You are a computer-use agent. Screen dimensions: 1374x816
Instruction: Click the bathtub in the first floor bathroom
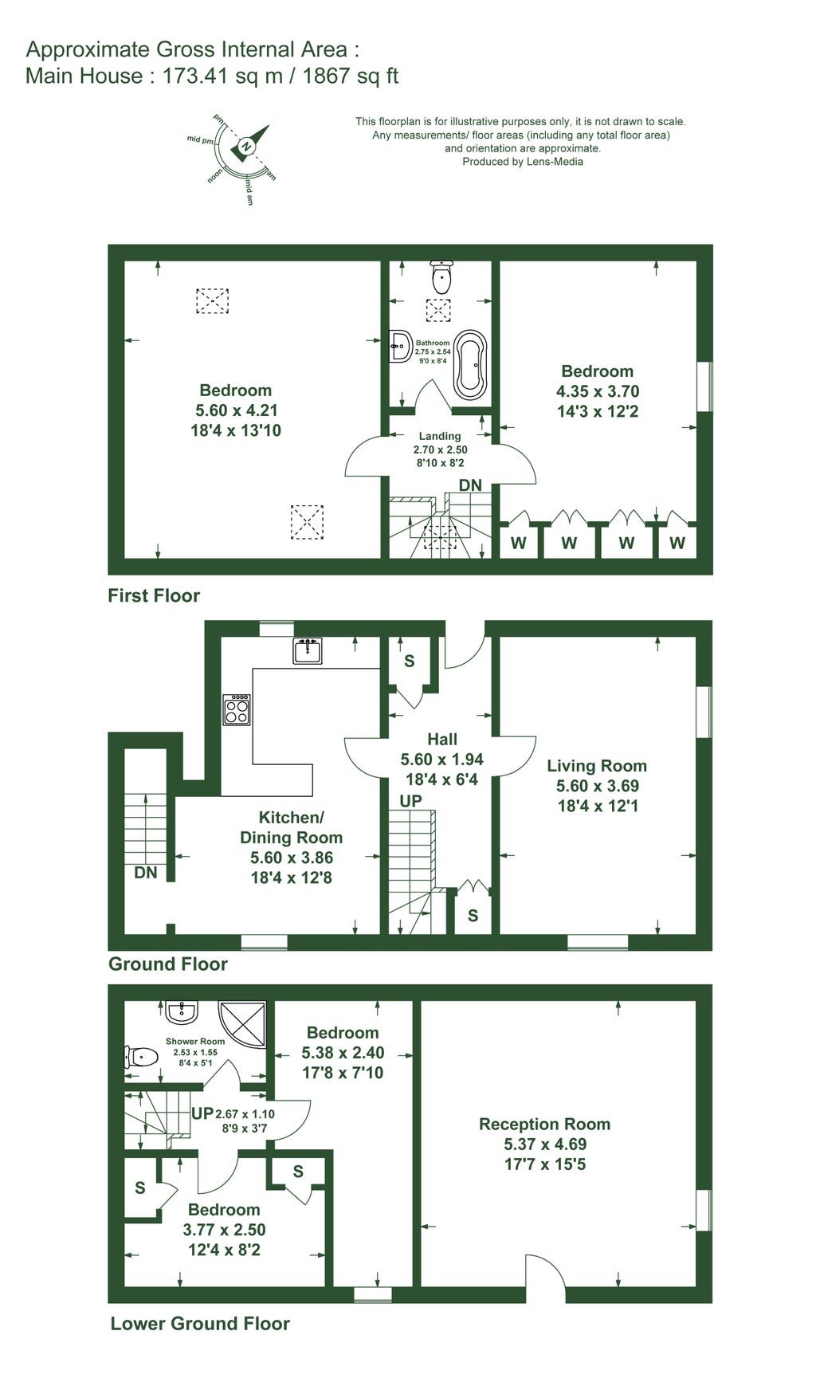click(x=470, y=365)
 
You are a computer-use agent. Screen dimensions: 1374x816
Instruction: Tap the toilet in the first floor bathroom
click(x=441, y=276)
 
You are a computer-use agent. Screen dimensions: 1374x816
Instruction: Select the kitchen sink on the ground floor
click(x=307, y=651)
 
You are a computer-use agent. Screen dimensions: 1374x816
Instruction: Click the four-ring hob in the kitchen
click(x=237, y=709)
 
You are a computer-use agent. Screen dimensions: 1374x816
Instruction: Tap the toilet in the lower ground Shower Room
click(x=139, y=1057)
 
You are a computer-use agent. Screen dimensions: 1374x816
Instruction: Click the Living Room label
click(x=596, y=766)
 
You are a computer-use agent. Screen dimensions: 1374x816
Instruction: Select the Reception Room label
click(x=544, y=1124)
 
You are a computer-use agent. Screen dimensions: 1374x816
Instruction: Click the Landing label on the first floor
click(x=440, y=436)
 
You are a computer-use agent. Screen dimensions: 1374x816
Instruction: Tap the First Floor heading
click(x=154, y=595)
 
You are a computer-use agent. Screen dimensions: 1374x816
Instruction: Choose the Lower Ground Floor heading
click(x=199, y=1324)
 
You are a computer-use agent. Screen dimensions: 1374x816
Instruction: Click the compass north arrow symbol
click(x=249, y=143)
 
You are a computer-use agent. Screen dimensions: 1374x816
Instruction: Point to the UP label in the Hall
click(x=411, y=801)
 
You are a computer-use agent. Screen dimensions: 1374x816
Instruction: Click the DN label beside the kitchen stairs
click(x=145, y=873)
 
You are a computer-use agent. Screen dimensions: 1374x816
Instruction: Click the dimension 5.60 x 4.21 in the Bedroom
click(x=236, y=410)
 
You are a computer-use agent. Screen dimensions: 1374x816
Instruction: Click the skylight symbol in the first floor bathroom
click(x=437, y=310)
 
